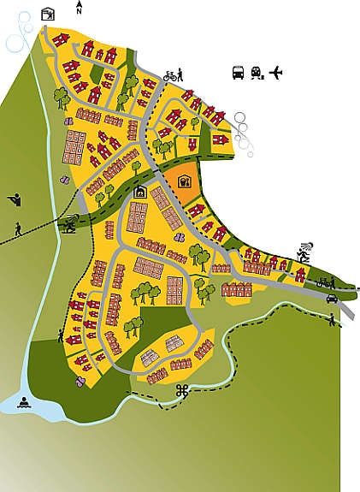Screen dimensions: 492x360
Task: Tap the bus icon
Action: coord(237,73)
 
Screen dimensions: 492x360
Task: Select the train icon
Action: coord(256,74)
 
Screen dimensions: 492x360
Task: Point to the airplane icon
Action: coord(274,73)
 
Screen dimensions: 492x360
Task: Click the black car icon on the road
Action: coord(332,299)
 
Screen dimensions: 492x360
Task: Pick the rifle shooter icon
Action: coord(14,199)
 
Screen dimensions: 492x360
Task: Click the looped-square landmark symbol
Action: coord(181,391)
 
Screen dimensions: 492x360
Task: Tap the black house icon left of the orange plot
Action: coord(140,192)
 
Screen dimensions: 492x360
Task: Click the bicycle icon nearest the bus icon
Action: coord(172,75)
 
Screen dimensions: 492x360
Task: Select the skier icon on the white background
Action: coord(304,251)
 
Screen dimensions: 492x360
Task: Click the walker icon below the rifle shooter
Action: coord(19,229)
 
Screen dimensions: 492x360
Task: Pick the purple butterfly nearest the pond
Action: coord(80,384)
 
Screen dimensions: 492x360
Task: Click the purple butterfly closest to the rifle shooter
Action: coord(62,181)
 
